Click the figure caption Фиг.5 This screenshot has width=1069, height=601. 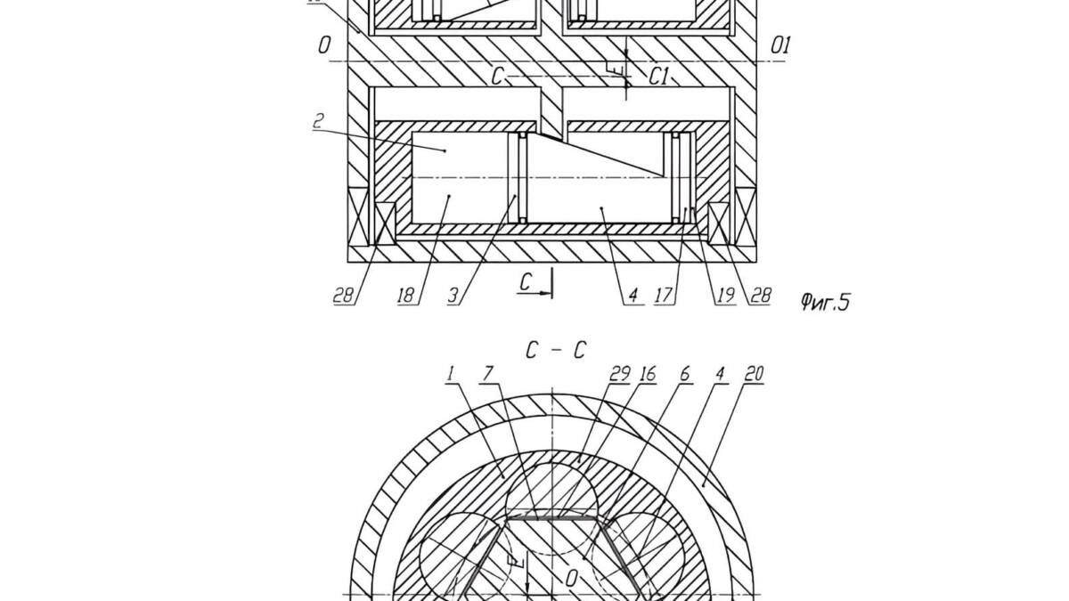pyautogui.click(x=825, y=302)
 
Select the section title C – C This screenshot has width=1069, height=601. pyautogui.click(x=556, y=351)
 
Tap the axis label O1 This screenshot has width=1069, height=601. pyautogui.click(x=780, y=45)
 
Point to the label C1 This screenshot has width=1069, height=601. pyautogui.click(x=658, y=77)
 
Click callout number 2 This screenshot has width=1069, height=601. pyautogui.click(x=319, y=121)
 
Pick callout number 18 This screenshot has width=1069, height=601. pyautogui.click(x=405, y=296)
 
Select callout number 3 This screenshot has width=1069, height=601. pyautogui.click(x=453, y=296)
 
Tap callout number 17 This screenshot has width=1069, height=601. pyautogui.click(x=664, y=296)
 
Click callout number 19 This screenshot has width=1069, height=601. pyautogui.click(x=725, y=296)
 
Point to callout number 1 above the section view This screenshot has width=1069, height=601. pyautogui.click(x=451, y=374)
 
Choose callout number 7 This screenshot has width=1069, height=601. pyautogui.click(x=486, y=374)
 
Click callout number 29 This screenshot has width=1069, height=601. pyautogui.click(x=620, y=374)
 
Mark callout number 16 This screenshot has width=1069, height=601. pyautogui.click(x=648, y=374)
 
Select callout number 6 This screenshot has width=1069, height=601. pyautogui.click(x=685, y=374)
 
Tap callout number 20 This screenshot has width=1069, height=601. pyautogui.click(x=754, y=374)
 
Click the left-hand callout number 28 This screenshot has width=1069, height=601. pyautogui.click(x=343, y=296)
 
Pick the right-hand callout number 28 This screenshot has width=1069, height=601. pyautogui.click(x=761, y=296)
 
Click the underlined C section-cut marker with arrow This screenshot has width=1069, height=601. pyautogui.click(x=534, y=284)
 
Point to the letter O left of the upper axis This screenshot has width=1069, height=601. pyautogui.click(x=324, y=45)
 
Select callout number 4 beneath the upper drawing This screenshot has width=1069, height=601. pyautogui.click(x=633, y=296)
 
